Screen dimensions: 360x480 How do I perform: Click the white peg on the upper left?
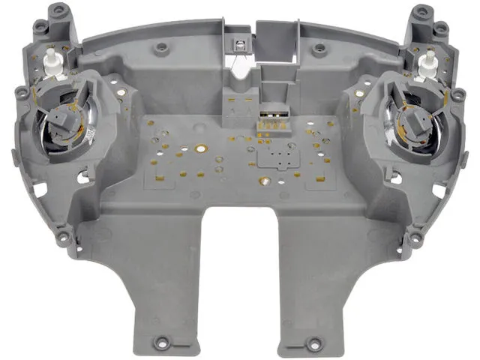(x=51, y=60)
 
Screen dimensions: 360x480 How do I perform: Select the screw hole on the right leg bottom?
(x=313, y=344)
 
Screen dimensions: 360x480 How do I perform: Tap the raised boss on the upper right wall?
(x=319, y=49)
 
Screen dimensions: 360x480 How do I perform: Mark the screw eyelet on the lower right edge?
(x=415, y=238)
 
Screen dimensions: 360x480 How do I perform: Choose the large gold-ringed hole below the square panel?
(x=264, y=181)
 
